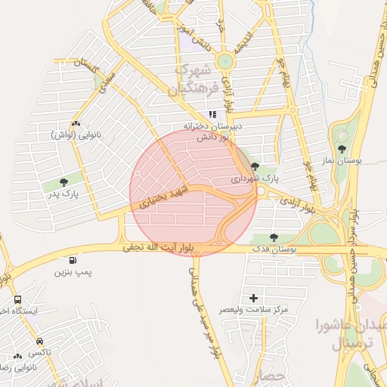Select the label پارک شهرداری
pos(255,178)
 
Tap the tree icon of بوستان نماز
pos(342,149)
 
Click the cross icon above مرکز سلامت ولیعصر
pos(253,298)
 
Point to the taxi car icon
pos(39,341)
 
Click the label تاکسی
pos(39,353)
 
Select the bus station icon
pos(17,299)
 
